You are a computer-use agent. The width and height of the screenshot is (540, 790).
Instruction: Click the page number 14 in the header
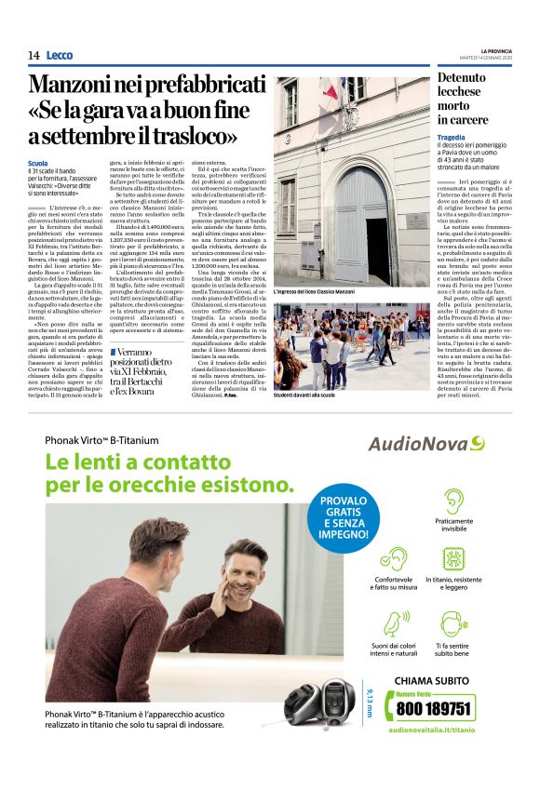(34, 55)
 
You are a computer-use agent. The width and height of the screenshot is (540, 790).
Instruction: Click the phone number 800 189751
(433, 707)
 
